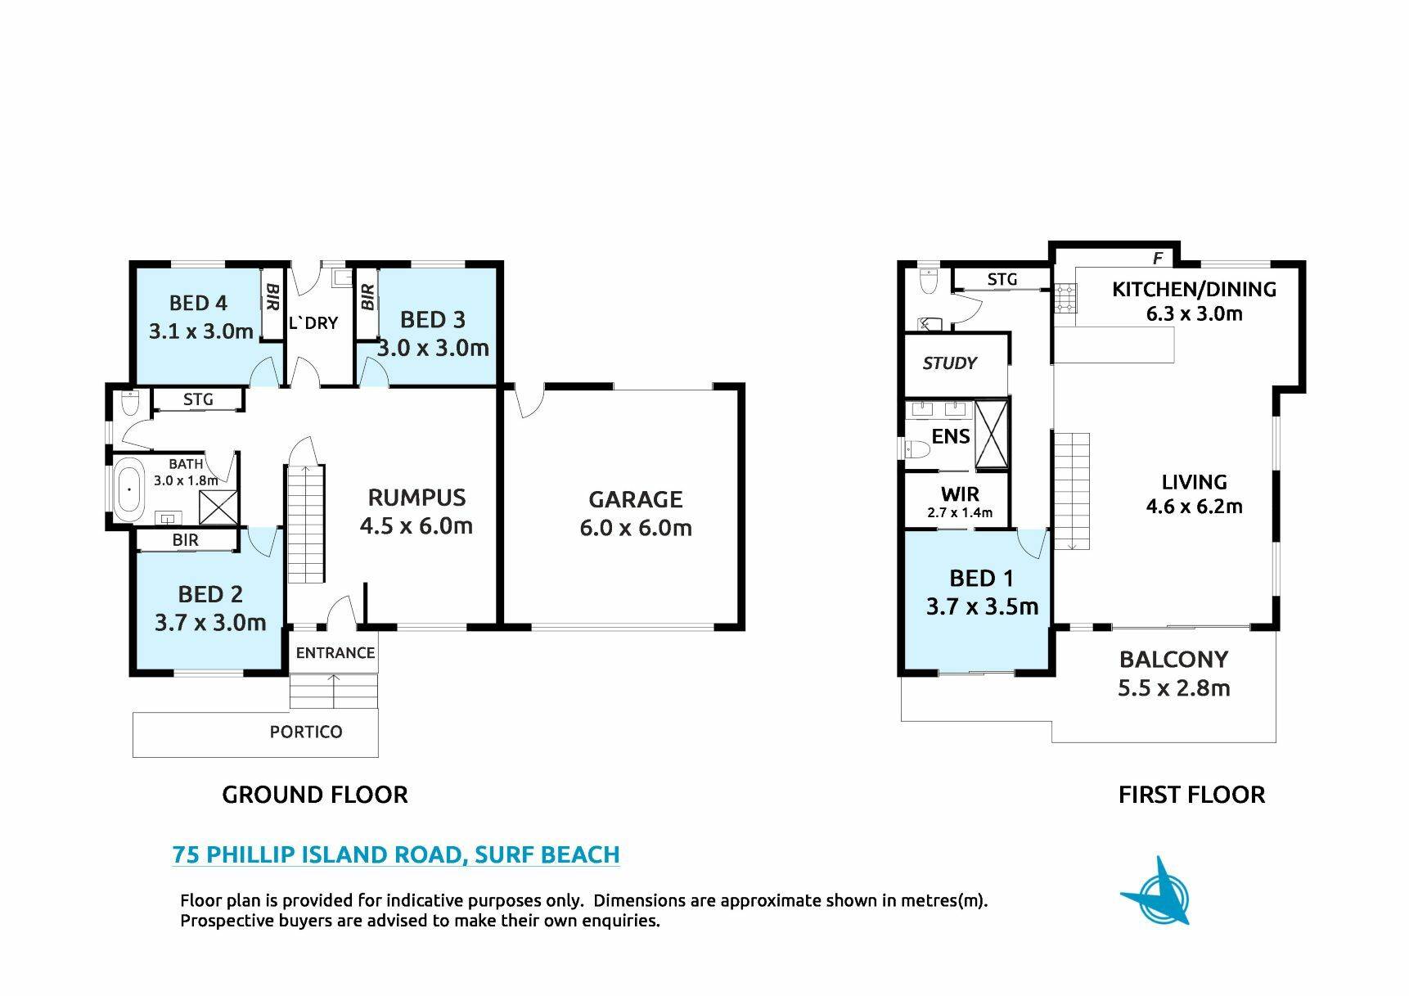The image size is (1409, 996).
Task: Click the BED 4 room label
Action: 198,303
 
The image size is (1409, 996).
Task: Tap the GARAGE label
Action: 636,499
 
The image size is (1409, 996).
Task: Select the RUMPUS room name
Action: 416,498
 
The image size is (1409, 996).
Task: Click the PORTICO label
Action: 306,732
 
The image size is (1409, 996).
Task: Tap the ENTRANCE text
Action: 335,652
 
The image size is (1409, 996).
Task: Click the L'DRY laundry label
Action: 313,322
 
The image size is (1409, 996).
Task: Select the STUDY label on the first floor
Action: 950,363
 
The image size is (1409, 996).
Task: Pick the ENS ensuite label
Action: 951,436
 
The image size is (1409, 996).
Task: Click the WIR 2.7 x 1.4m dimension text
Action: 960,513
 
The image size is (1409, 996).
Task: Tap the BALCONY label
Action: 1173,659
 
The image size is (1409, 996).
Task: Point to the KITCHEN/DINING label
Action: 1194,289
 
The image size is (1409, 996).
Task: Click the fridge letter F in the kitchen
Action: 1158,259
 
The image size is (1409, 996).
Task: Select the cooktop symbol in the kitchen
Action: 1065,298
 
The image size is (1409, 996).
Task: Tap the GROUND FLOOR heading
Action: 315,795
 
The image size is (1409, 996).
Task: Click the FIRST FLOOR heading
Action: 1191,795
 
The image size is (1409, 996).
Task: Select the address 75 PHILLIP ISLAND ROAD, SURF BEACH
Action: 396,854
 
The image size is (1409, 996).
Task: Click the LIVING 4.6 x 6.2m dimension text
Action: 1194,507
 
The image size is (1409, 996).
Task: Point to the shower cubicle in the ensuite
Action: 992,434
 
